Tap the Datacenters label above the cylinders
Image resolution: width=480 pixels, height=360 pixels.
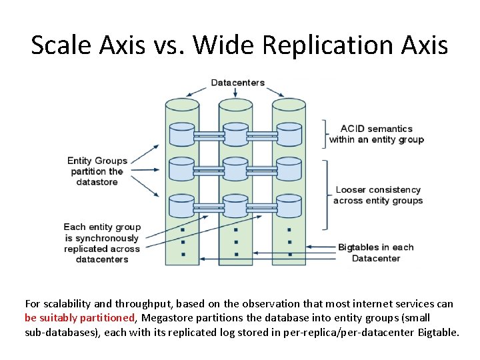point(237,83)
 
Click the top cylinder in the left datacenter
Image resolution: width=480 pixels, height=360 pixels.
point(181,135)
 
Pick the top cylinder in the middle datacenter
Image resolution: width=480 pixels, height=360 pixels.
point(235,135)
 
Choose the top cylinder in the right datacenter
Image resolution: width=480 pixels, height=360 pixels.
point(289,135)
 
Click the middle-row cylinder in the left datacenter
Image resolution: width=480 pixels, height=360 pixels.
point(181,170)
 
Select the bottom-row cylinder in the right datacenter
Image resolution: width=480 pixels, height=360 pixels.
point(289,205)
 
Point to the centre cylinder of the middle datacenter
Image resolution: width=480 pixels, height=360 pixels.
point(235,170)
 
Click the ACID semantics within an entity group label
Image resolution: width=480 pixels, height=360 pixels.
point(376,134)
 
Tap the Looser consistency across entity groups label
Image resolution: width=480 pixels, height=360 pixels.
point(378,195)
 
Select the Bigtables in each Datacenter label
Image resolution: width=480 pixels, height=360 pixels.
point(375,253)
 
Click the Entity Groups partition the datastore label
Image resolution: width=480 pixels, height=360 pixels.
point(97,171)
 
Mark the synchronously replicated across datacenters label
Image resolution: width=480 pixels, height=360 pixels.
point(102,243)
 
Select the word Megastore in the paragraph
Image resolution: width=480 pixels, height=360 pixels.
point(167,317)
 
